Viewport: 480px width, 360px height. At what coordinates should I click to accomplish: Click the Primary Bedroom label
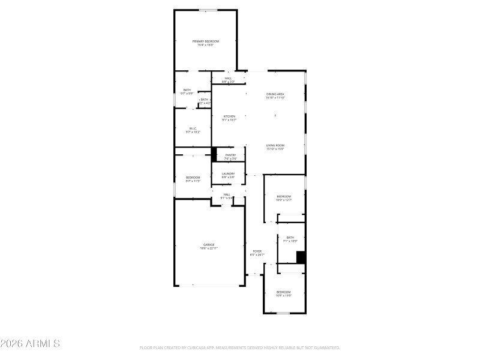tap(205, 43)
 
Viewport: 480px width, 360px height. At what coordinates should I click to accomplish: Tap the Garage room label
tap(209, 246)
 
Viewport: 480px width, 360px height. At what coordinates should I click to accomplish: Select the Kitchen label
tap(229, 118)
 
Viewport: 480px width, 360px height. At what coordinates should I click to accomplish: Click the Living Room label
tap(275, 147)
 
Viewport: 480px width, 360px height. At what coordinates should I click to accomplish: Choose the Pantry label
tap(230, 157)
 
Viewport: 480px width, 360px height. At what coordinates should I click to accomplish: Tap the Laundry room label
tap(228, 175)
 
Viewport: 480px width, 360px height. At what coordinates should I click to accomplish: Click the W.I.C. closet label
tap(193, 130)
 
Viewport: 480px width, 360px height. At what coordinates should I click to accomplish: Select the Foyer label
tap(257, 253)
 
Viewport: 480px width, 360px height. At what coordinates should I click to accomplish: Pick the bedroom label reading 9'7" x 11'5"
tap(193, 179)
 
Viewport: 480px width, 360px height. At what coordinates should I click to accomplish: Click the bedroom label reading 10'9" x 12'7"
tap(283, 199)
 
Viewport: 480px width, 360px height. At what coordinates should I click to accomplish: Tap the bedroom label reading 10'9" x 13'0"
tap(283, 293)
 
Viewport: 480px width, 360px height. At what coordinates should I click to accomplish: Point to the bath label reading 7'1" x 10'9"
tap(290, 239)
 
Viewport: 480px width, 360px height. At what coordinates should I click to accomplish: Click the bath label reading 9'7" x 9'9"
tap(187, 92)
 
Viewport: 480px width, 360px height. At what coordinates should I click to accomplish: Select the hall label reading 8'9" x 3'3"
tap(228, 80)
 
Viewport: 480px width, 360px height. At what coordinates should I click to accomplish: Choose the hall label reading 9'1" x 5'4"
tap(227, 196)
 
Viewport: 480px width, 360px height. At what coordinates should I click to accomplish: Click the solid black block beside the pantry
tap(214, 154)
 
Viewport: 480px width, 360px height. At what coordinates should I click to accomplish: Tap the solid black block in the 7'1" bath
tap(301, 257)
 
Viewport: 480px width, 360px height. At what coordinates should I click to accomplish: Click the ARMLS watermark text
tap(30, 344)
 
